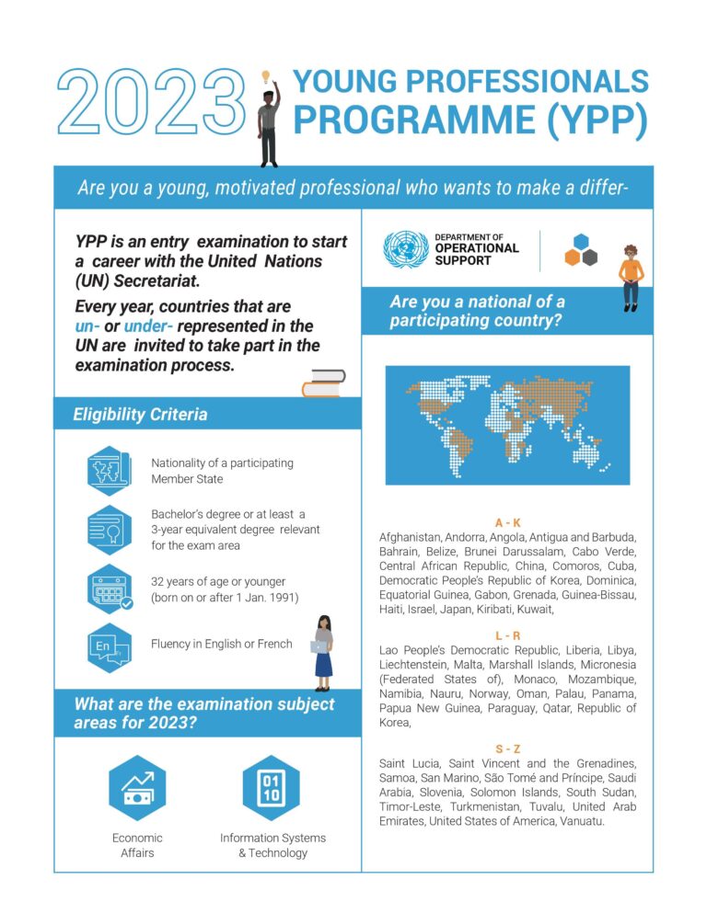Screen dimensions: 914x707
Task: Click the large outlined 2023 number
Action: (x=151, y=102)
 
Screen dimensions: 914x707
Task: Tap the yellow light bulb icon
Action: (x=266, y=76)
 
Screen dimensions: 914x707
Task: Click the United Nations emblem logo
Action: (x=405, y=248)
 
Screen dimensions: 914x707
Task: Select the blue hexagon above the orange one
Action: (x=581, y=241)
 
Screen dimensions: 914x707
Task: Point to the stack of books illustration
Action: (x=323, y=383)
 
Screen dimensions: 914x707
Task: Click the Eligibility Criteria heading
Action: (x=140, y=415)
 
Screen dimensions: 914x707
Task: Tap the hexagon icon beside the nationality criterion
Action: (x=110, y=471)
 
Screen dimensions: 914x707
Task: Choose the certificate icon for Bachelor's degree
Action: (x=110, y=530)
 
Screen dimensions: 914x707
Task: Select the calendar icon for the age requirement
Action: (x=110, y=588)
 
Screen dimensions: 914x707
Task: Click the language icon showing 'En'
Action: (x=110, y=646)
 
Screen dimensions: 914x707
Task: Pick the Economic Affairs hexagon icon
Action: (x=137, y=788)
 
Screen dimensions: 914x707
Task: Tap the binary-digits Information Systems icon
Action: (x=272, y=788)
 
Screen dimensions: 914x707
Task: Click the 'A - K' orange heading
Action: (x=507, y=522)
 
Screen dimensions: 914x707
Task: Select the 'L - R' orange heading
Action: (x=507, y=635)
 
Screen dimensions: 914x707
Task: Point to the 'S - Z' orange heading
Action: (x=507, y=748)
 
